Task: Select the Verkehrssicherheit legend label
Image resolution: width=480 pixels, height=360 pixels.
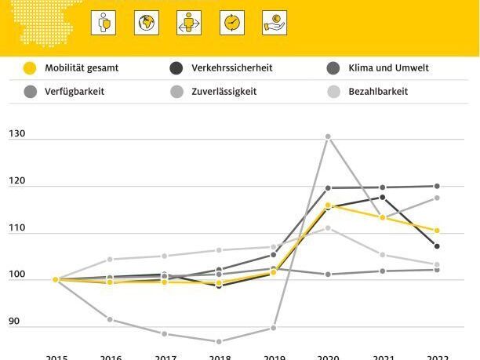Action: (x=231, y=68)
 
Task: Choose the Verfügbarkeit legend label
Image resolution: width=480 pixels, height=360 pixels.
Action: (x=75, y=91)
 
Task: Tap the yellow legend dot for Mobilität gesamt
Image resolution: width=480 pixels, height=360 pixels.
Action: (x=30, y=68)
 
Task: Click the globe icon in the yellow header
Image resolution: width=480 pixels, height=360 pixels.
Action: (x=147, y=22)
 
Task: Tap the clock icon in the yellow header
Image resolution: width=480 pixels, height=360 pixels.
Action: (x=232, y=22)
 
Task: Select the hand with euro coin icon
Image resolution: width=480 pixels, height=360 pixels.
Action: (x=275, y=22)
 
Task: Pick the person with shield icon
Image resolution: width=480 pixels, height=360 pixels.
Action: (x=104, y=22)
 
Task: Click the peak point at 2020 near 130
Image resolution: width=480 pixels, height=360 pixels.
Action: (x=328, y=136)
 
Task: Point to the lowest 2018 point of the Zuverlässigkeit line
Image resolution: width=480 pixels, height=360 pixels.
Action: (x=219, y=341)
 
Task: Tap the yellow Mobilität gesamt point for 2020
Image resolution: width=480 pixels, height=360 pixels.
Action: (x=328, y=205)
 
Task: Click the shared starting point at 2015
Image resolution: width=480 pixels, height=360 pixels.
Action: (x=56, y=279)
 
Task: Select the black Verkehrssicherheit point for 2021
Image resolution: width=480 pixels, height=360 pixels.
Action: (x=383, y=197)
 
